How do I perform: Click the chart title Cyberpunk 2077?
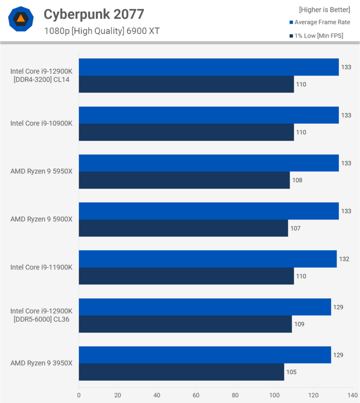pos(94,14)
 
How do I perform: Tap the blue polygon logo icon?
pos(21,19)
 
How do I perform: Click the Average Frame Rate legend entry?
pos(320,22)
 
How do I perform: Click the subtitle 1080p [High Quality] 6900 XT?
pos(102,31)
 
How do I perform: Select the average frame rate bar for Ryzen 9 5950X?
pos(209,163)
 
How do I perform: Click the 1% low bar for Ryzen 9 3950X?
pos(181,372)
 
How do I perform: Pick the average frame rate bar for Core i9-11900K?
pos(208,259)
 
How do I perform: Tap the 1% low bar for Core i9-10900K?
pos(186,132)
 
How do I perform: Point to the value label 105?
pos(291,372)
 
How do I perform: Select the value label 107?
pos(295,228)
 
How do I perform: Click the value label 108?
pos(297,180)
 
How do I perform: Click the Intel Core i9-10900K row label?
pos(41,123)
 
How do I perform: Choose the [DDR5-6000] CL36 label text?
pos(41,319)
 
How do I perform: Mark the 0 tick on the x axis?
pos(79,394)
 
